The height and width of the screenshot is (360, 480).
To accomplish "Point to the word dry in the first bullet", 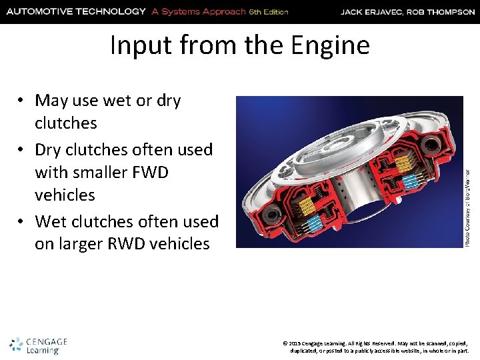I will [x=168, y=101].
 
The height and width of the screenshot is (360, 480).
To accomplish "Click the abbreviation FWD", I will [x=151, y=173].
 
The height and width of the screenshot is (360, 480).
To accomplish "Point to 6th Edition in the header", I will [x=269, y=12].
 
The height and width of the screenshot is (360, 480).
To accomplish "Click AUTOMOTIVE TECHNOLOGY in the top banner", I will [x=75, y=11].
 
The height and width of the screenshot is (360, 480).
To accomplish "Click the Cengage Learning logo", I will [x=38, y=345].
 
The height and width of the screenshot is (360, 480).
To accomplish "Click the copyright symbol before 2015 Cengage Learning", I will [x=285, y=342].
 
